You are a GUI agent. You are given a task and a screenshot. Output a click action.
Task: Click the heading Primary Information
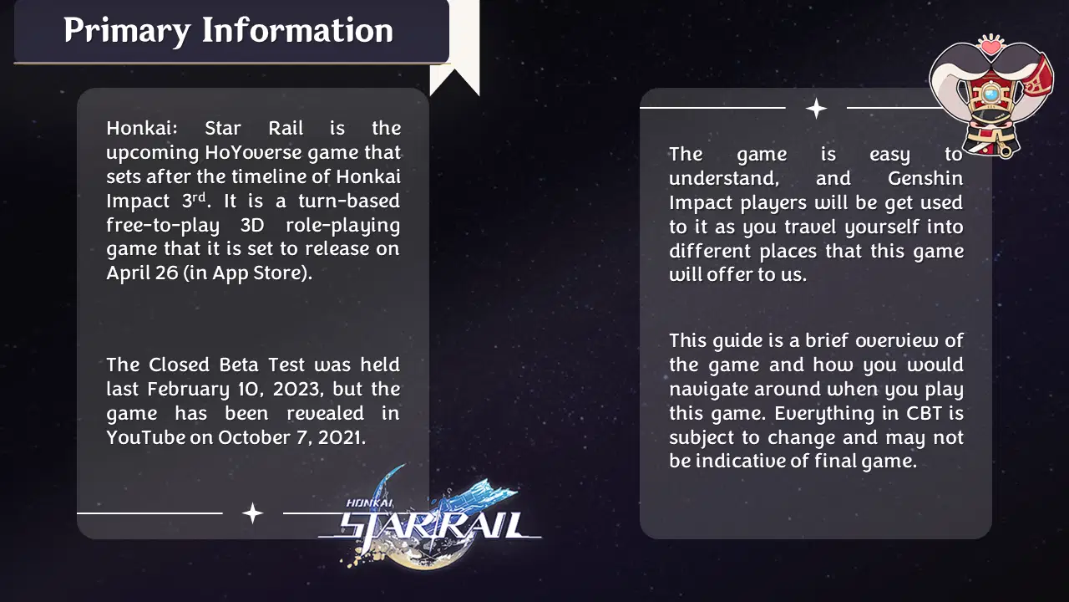coord(228,31)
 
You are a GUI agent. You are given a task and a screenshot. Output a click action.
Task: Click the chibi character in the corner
coord(990,96)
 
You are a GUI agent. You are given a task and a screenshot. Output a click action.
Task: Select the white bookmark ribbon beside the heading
coord(456,50)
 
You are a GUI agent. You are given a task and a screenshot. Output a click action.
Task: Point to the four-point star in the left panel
coord(252,513)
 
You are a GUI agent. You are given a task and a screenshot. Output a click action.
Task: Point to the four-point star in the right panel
coord(816,109)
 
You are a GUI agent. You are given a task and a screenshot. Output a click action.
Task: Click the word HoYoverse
coord(251,153)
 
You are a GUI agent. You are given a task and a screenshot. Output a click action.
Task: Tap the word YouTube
coord(145,437)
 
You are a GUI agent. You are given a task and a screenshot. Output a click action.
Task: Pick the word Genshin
coord(925,178)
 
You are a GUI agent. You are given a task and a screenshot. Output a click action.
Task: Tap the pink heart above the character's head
coord(990,47)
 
